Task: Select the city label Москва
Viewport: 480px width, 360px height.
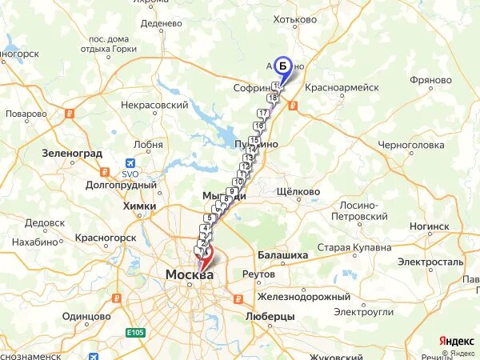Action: [190, 275]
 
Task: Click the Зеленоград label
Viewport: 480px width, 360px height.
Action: [73, 152]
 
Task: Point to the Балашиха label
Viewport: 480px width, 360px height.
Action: [282, 255]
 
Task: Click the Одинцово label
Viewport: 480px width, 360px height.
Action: [85, 316]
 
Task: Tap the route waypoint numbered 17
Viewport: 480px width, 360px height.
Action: [262, 114]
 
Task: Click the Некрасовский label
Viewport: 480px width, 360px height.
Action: [154, 105]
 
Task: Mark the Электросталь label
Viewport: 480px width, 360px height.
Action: [430, 262]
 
